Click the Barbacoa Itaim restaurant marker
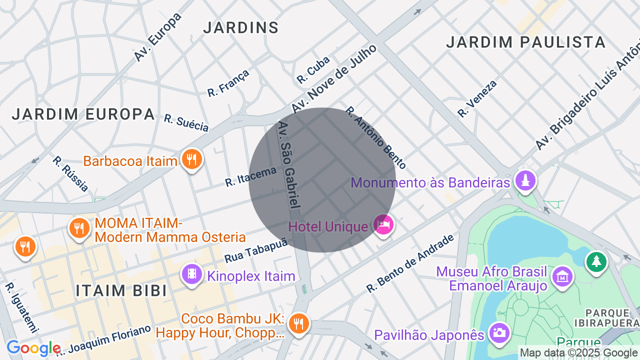coord(191,159)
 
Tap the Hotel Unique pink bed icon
coord(383,224)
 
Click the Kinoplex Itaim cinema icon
coord(192,274)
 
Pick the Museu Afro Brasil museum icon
coord(562,276)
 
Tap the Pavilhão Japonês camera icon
coord(499,332)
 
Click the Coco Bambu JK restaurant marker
coord(298,323)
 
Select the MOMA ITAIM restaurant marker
coord(79,228)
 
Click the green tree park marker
coord(596,261)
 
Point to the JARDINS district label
coord(241,27)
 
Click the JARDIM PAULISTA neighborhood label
coord(526,42)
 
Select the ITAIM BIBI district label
coord(121,290)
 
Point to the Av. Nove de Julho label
coord(333,78)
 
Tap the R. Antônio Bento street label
coord(376,137)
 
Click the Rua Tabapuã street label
coord(256,250)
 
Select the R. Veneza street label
coord(477,98)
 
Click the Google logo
coord(33,348)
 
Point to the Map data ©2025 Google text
coord(579,353)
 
